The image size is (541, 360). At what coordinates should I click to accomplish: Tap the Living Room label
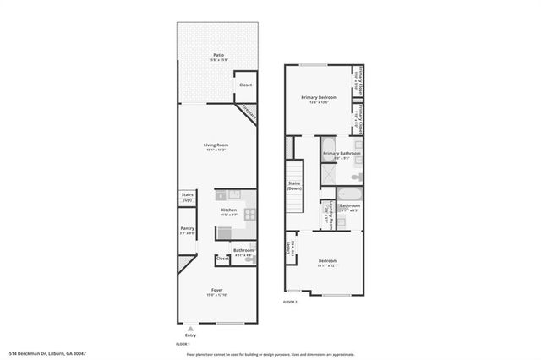click(x=216, y=145)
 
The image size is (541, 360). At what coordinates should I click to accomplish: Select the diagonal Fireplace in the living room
click(x=247, y=111)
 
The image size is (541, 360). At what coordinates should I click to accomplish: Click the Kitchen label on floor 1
click(x=228, y=210)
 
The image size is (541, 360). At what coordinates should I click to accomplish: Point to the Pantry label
click(x=188, y=229)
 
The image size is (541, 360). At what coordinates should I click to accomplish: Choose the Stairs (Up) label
click(x=187, y=197)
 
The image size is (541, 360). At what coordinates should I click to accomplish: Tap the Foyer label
click(x=217, y=291)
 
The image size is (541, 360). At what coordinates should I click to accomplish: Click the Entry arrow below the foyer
click(x=190, y=328)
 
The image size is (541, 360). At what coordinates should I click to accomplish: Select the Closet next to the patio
click(x=245, y=85)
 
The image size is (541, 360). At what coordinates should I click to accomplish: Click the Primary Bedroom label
click(x=320, y=98)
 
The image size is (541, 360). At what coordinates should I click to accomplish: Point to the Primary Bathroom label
click(x=336, y=153)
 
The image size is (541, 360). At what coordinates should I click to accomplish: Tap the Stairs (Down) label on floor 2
click(x=294, y=185)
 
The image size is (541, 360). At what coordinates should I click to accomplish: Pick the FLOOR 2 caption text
click(x=291, y=301)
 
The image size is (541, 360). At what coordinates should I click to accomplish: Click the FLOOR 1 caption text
click(x=183, y=344)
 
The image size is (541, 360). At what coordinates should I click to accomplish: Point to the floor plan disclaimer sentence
click(x=270, y=353)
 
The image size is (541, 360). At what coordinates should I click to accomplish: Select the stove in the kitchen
click(x=250, y=214)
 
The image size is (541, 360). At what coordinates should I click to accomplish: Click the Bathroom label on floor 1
click(x=243, y=250)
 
